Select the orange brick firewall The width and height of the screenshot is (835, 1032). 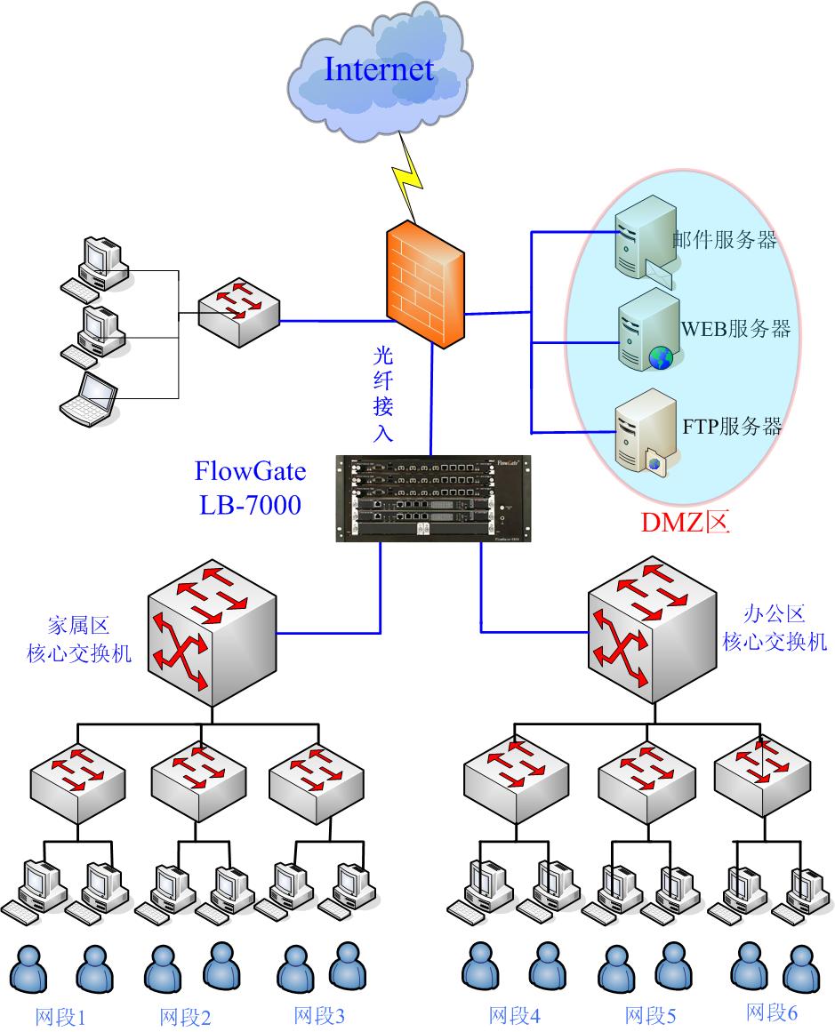[425, 284]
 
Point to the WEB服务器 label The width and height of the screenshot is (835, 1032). [735, 328]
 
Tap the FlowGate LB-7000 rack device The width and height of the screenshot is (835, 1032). [431, 497]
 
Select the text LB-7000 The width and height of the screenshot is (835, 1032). [250, 505]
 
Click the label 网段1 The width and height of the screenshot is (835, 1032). [60, 1017]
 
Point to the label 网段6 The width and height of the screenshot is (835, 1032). [772, 1012]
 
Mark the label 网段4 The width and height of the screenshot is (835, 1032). [514, 1015]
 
